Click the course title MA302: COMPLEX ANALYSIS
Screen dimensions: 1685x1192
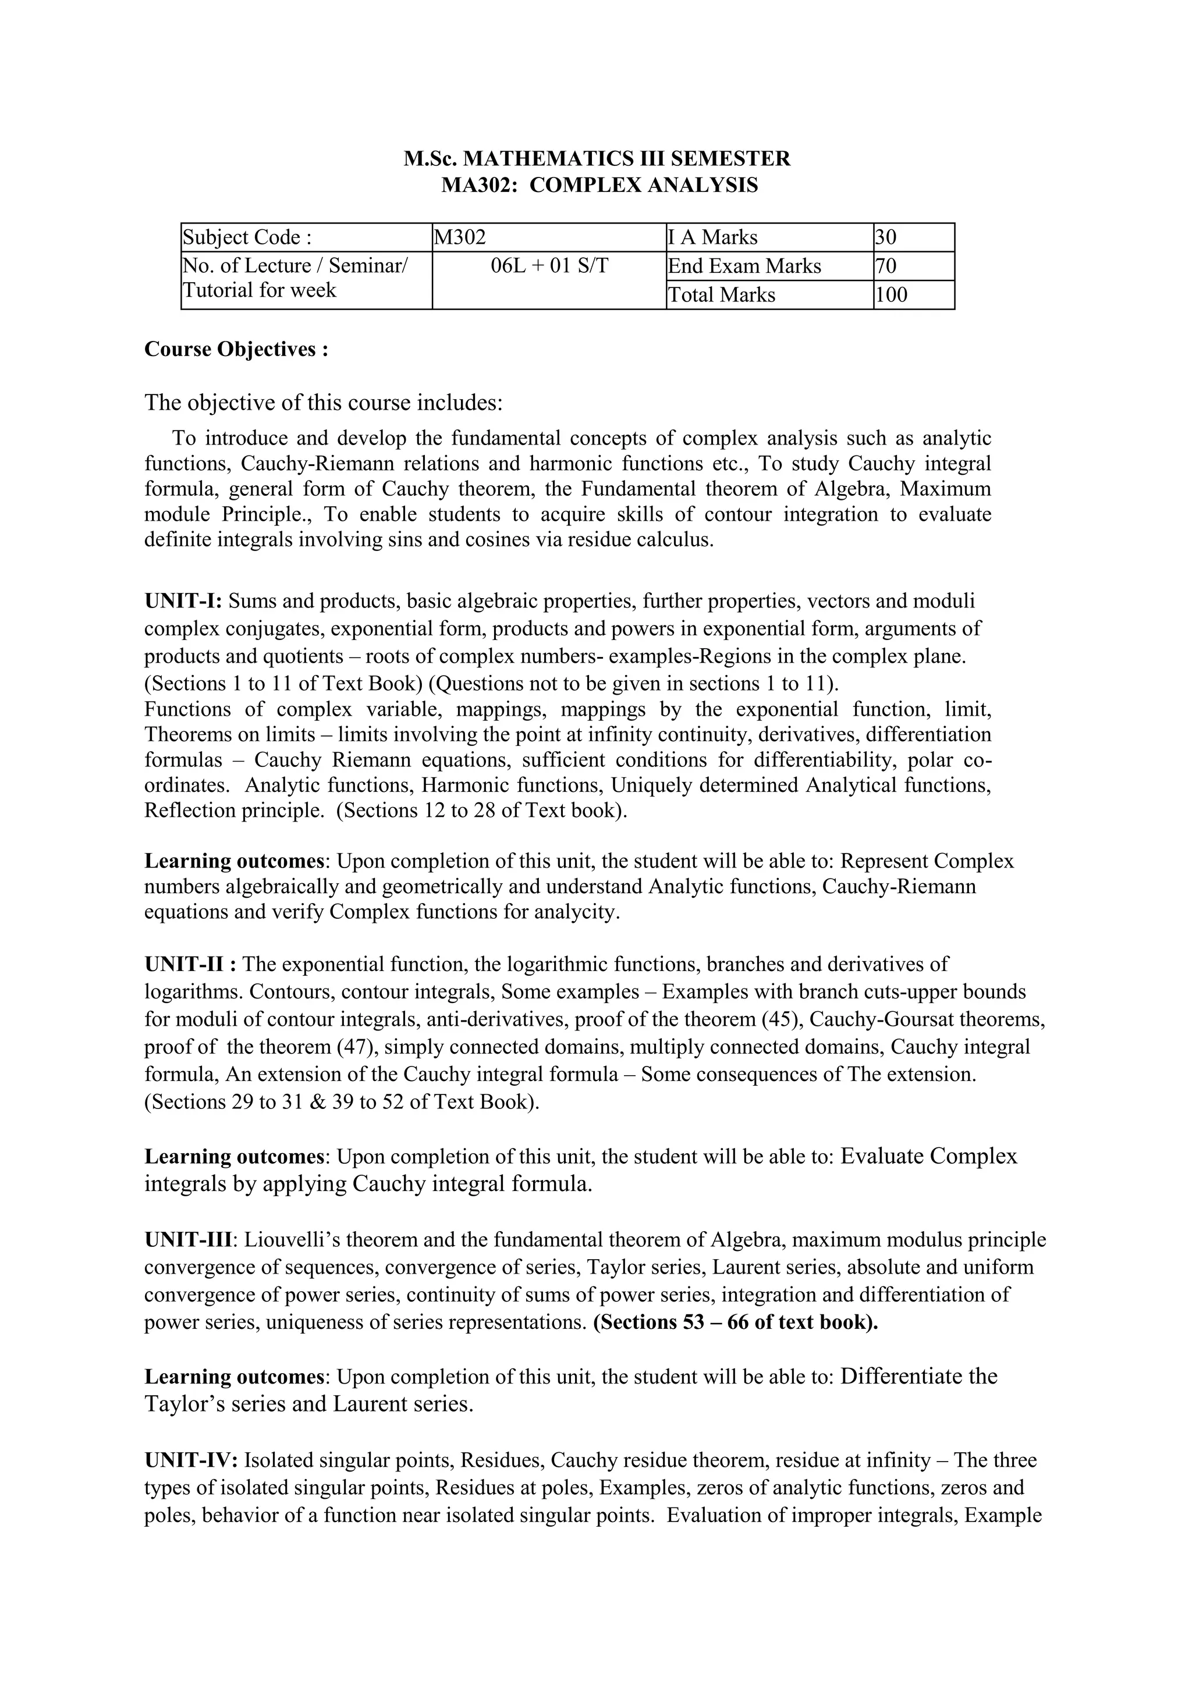pyautogui.click(x=599, y=185)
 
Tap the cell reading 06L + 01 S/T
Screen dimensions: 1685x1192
pyautogui.click(x=549, y=266)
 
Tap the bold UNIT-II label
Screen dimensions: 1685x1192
pyautogui.click(x=190, y=964)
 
